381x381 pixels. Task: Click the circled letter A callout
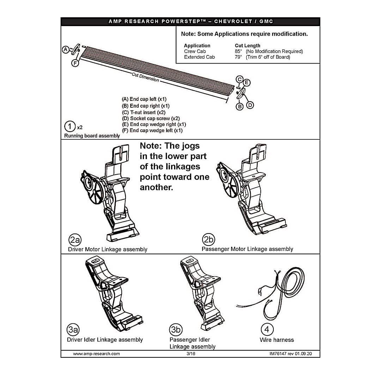point(66,50)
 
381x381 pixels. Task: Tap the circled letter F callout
point(75,63)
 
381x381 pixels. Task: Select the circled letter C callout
point(240,79)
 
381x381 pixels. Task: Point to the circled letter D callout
point(250,105)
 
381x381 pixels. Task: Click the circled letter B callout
point(240,107)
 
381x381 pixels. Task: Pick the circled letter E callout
point(247,83)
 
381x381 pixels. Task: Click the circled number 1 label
point(70,126)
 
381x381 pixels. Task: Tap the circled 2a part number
point(75,240)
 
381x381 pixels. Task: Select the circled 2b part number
point(208,239)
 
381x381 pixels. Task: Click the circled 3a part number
point(73,329)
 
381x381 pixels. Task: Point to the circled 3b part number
point(176,329)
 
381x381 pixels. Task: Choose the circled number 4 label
point(267,329)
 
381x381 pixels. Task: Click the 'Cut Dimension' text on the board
point(145,77)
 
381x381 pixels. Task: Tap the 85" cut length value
point(238,52)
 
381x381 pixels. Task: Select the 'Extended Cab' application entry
point(199,57)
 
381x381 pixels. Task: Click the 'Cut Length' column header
point(247,46)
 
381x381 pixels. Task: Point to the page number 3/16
point(191,354)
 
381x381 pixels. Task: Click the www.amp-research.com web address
point(96,354)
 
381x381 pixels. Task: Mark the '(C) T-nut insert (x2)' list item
point(144,113)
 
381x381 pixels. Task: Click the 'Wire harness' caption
point(277,340)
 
